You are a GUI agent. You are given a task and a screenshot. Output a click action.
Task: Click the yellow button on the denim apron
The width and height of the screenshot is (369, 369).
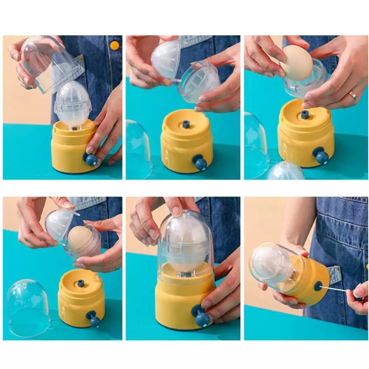click(x=115, y=45)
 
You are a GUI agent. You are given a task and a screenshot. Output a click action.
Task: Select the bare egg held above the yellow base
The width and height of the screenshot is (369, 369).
click(x=296, y=63)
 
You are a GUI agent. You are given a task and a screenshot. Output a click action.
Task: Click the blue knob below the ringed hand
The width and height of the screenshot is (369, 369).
click(x=321, y=155)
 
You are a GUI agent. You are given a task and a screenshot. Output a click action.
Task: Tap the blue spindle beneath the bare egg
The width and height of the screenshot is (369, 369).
click(x=305, y=115)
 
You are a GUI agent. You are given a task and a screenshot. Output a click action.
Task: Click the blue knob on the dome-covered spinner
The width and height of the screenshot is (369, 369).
click(x=201, y=317)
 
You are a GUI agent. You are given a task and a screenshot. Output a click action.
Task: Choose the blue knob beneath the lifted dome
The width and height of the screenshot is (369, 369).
click(x=91, y=159)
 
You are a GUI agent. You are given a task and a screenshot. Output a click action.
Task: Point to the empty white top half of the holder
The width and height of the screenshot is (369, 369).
click(x=166, y=60)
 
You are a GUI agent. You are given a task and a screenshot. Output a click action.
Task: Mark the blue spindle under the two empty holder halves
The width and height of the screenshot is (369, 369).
click(x=186, y=124)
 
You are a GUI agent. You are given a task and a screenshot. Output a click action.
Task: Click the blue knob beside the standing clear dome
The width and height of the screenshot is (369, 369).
click(x=93, y=319)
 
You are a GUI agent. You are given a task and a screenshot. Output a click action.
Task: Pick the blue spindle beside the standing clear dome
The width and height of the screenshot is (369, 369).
click(x=81, y=283)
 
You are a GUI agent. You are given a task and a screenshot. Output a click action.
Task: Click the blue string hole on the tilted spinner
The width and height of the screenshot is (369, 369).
click(x=318, y=286)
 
